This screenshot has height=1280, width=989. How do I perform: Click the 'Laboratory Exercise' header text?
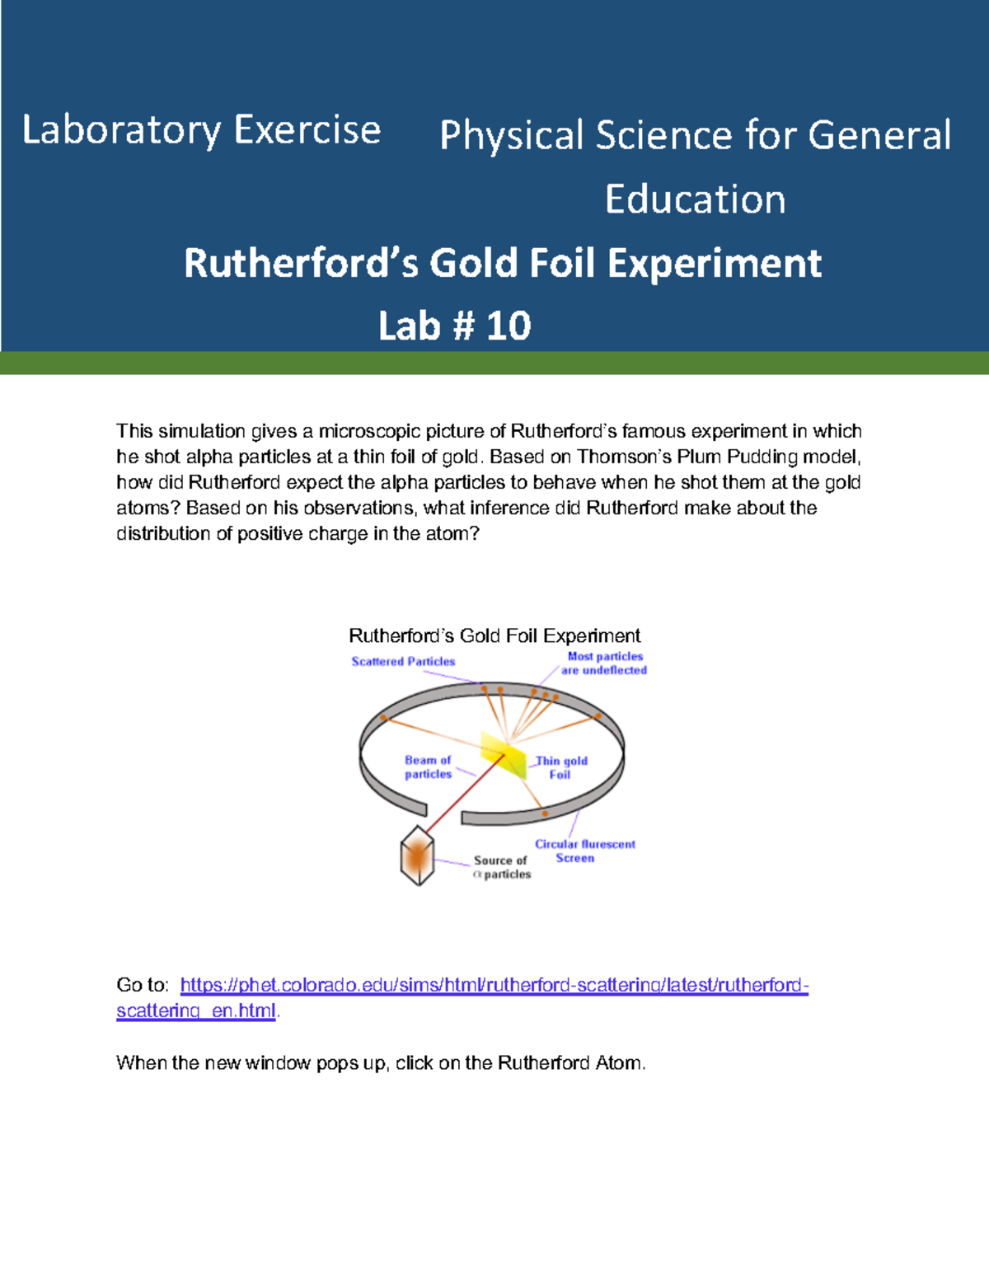point(201,130)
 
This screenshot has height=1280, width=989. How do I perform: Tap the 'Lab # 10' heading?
point(454,326)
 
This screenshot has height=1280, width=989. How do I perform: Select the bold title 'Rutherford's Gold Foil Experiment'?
point(503,263)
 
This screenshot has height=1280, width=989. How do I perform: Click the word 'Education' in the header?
point(695,199)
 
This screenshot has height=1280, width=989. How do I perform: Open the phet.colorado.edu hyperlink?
point(494,985)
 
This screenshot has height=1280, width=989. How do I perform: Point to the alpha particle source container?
point(417,856)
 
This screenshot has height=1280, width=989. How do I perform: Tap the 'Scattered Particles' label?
point(403,661)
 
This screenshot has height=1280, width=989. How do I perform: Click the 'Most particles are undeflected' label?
point(604,663)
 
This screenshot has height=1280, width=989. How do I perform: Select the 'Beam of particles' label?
point(428,767)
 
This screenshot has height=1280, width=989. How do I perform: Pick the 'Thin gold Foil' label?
point(561,767)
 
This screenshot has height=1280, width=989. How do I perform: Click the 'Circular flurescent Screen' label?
point(584,851)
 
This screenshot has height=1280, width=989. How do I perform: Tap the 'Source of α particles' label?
point(501,867)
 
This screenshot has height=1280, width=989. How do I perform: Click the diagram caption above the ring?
point(494,635)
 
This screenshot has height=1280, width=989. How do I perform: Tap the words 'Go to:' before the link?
point(143,985)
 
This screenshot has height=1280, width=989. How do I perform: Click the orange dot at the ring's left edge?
point(384,718)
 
